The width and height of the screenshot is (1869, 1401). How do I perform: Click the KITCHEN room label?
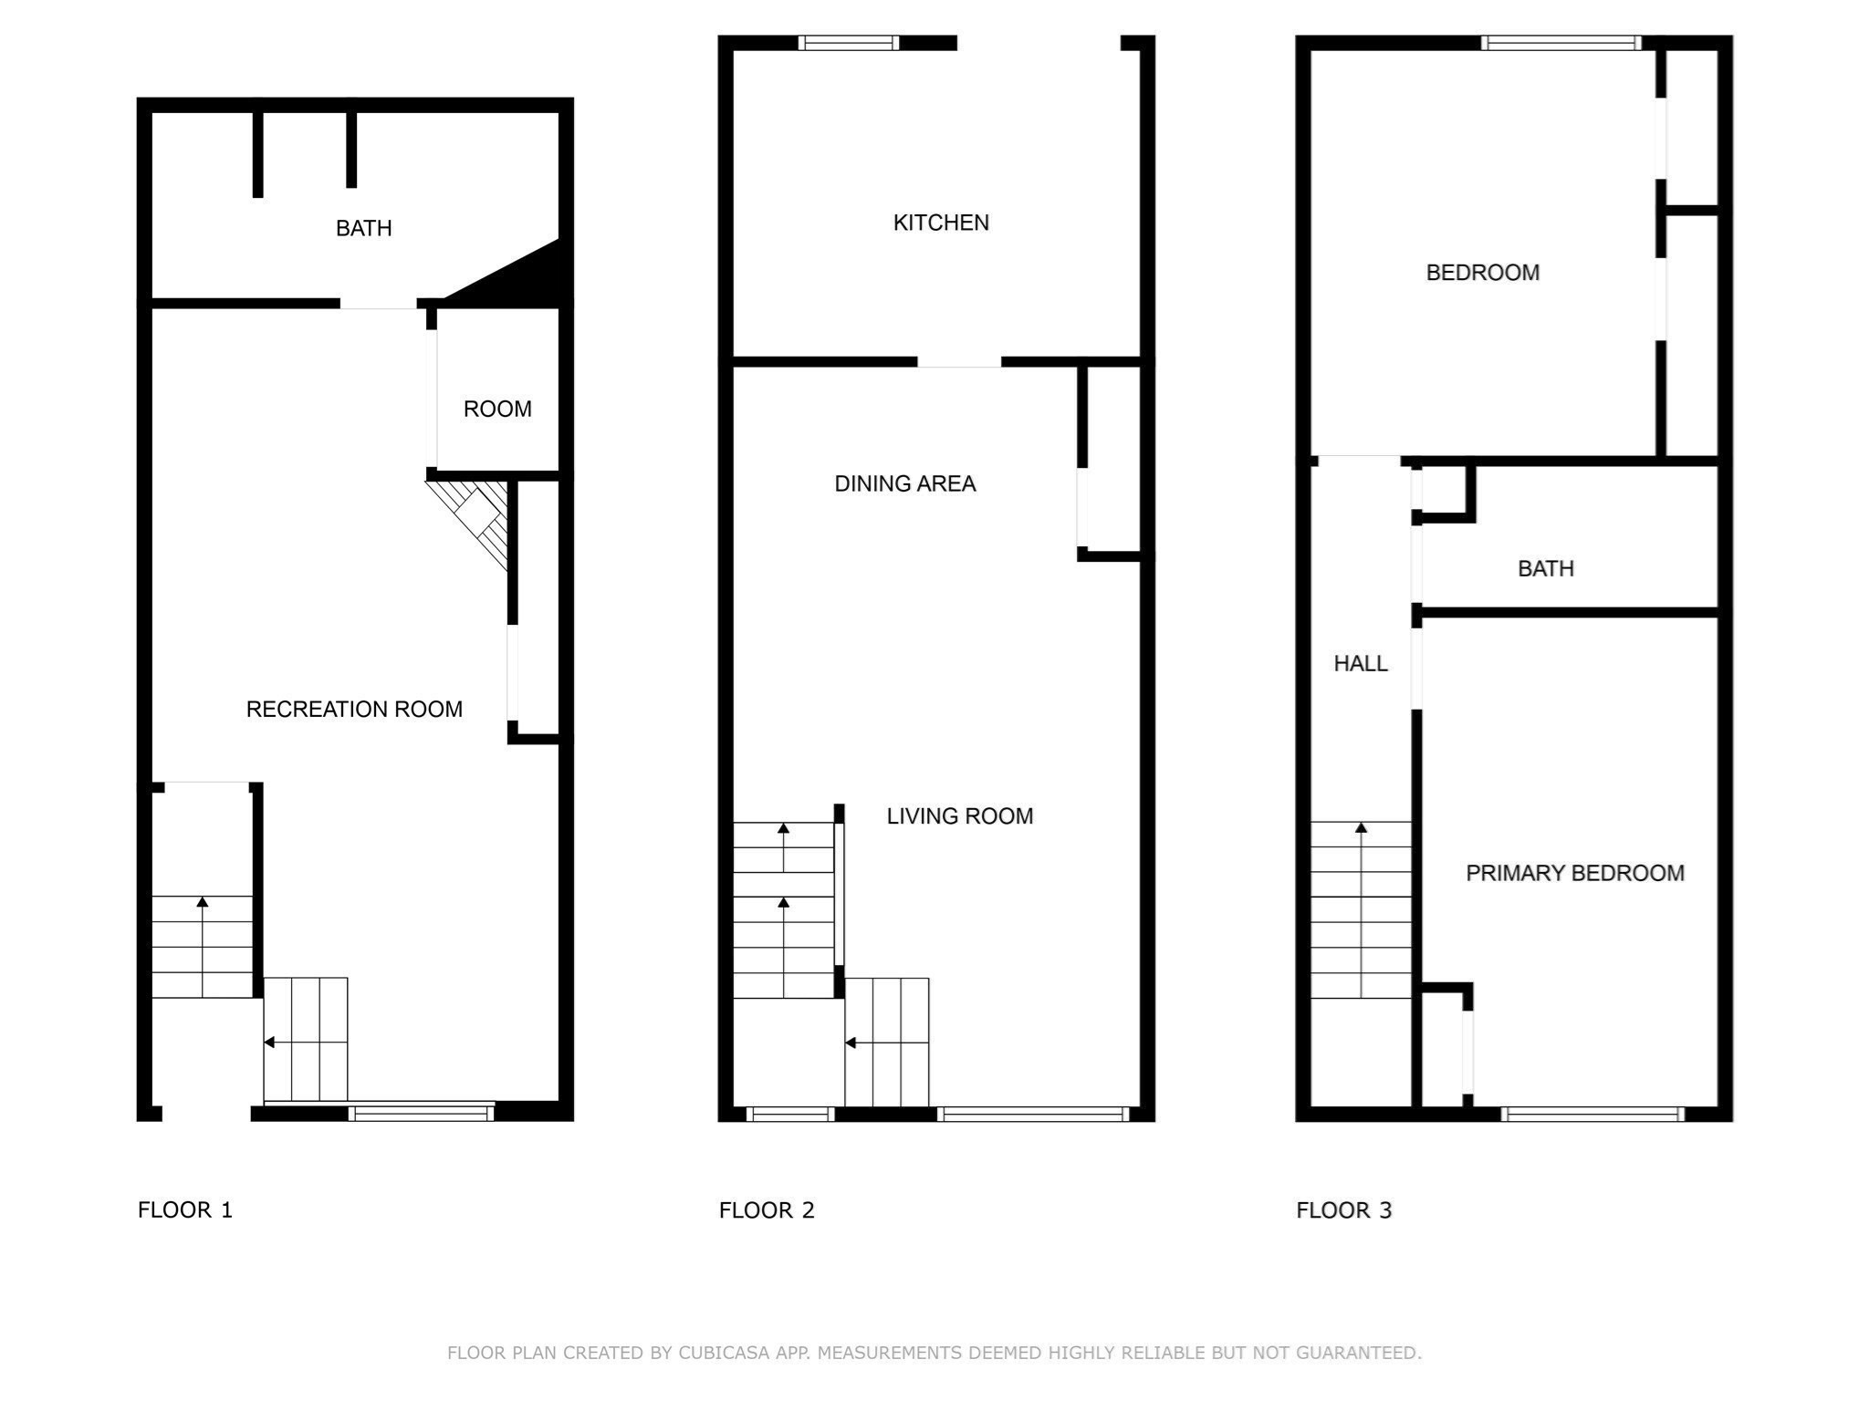tap(941, 223)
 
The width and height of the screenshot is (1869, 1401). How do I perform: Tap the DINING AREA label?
tap(905, 483)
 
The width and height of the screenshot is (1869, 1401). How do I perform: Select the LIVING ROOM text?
tap(960, 816)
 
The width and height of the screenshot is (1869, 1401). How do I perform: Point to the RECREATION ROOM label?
tap(354, 710)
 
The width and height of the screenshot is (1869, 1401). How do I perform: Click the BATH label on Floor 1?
tap(364, 228)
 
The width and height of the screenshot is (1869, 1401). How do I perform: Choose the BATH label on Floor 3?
tap(1546, 569)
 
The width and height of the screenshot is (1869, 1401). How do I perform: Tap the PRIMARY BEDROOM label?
tap(1575, 873)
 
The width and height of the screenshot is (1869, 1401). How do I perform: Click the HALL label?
tap(1361, 664)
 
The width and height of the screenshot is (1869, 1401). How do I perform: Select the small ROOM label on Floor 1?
tap(497, 409)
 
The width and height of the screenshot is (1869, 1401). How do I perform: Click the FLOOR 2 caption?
tap(767, 1210)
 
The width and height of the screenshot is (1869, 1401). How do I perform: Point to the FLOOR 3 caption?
tap(1344, 1210)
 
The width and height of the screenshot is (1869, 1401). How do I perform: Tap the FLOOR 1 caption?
tap(185, 1210)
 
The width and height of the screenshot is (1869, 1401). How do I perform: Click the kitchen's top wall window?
tap(849, 43)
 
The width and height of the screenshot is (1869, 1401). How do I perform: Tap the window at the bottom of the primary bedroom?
tap(1592, 1114)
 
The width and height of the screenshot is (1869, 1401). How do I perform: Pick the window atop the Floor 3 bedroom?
tap(1561, 43)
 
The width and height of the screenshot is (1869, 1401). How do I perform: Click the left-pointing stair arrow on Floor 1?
tap(305, 1043)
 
